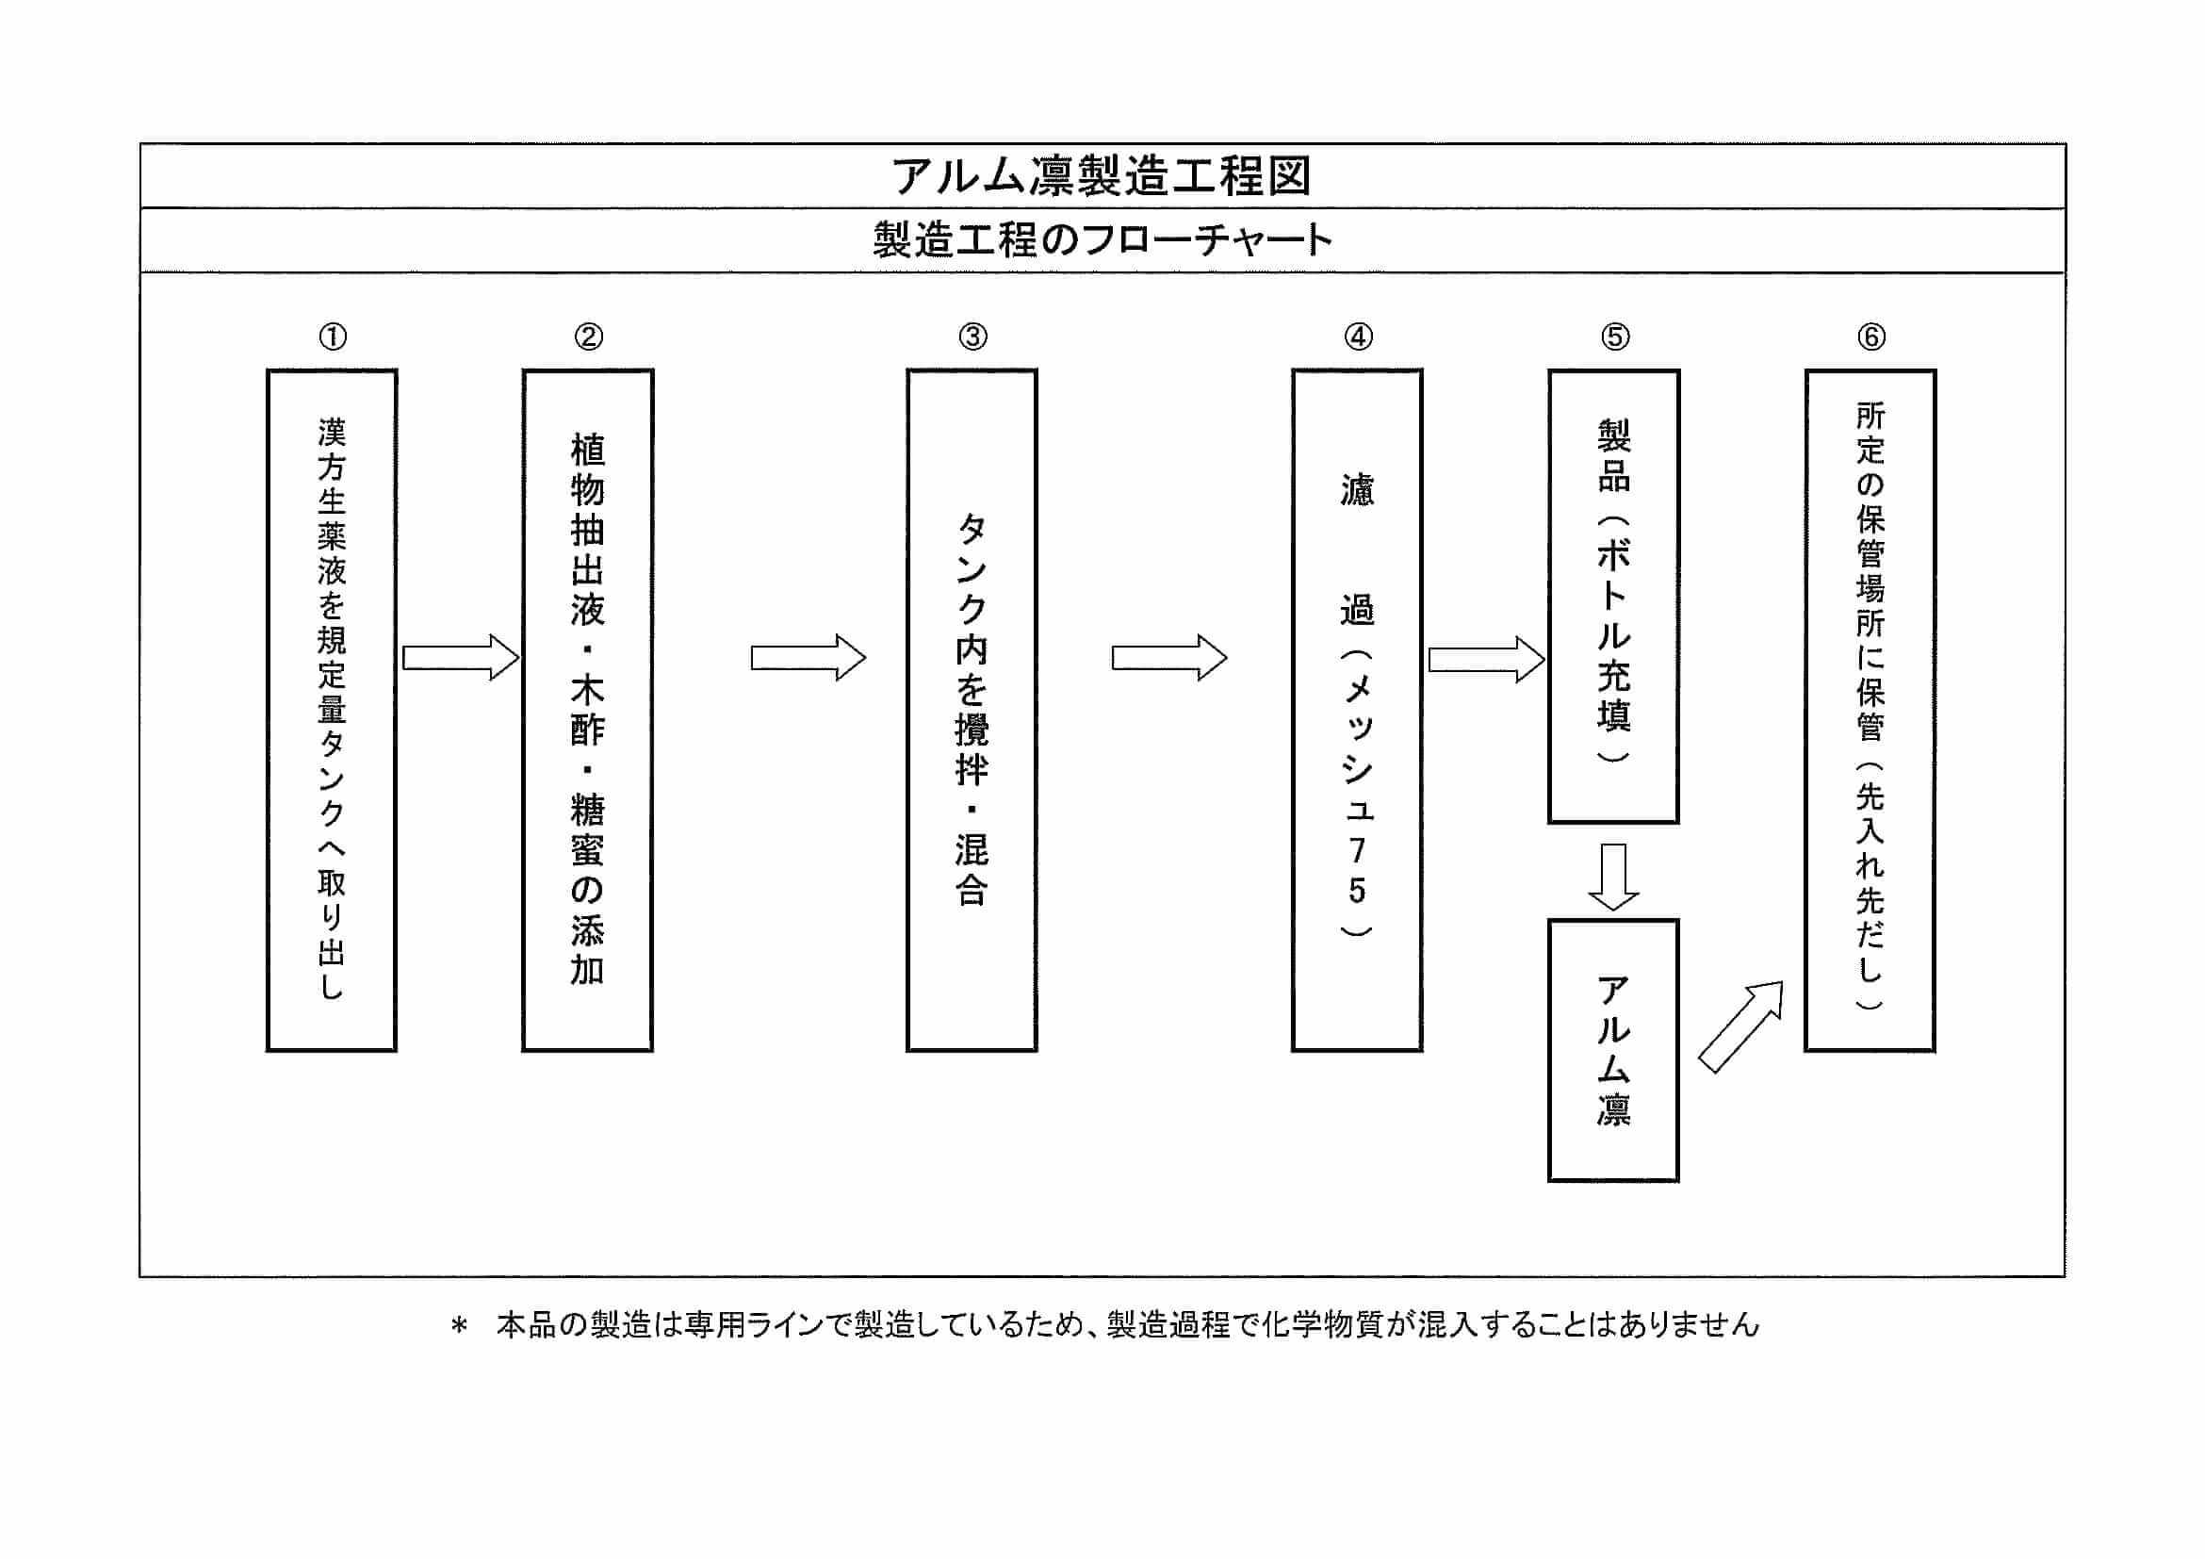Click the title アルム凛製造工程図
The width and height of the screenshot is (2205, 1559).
point(1102,177)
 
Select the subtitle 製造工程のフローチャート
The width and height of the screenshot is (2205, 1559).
point(1102,240)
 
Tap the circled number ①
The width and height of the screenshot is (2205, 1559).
point(333,337)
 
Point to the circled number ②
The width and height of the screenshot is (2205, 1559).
point(589,337)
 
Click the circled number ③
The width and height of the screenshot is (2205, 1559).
point(972,337)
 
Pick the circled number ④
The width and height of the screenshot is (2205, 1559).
point(1358,337)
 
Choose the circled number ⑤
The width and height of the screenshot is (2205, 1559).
point(1614,337)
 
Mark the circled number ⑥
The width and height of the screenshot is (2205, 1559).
point(1870,337)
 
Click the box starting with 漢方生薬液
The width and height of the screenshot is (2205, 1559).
point(332,710)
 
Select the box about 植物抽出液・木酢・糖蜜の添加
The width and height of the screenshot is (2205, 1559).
point(588,710)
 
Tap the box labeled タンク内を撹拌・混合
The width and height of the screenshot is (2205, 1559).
point(972,710)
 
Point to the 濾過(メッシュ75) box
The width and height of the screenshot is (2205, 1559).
point(1357,710)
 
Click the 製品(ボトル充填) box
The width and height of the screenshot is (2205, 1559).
point(1613,597)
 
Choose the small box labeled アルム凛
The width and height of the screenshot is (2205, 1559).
point(1613,1051)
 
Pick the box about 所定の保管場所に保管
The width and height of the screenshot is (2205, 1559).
point(1870,710)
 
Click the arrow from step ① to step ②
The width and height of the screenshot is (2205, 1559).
point(461,658)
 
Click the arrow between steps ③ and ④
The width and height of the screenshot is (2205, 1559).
point(1168,658)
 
